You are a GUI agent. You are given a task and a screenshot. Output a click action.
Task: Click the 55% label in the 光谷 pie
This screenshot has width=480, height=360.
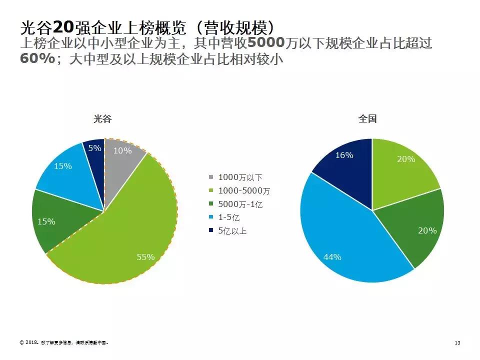tap(145, 257)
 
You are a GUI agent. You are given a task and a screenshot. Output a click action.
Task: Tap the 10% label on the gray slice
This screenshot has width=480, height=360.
tap(122, 150)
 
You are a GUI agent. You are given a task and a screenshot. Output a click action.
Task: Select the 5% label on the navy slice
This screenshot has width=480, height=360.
tap(95, 148)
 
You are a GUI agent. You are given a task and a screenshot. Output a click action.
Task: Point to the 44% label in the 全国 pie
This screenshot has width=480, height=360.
tap(332, 257)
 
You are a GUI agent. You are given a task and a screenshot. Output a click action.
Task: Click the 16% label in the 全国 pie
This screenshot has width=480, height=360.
tap(344, 155)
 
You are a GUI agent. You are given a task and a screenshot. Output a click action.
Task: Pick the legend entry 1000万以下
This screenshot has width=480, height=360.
tap(240, 177)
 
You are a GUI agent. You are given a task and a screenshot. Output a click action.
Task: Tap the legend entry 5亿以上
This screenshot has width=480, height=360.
tap(232, 231)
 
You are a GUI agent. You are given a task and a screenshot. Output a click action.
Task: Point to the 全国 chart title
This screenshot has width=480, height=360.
tap(367, 119)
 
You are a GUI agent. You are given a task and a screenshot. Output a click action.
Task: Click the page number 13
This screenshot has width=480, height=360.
tap(457, 343)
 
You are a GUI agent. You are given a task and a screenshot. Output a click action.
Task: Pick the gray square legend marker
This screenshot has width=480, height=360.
tap(211, 177)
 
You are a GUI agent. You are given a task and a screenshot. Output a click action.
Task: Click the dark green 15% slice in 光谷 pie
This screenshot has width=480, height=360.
tap(55, 222)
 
